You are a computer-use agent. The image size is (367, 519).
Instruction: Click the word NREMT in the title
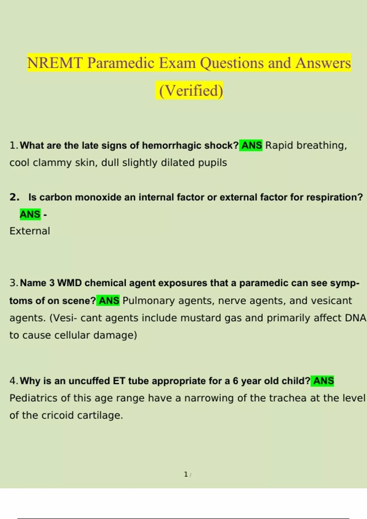tap(55, 63)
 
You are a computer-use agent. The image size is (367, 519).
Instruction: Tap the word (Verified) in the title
tap(191, 91)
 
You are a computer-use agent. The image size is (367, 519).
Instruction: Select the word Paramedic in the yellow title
tap(120, 63)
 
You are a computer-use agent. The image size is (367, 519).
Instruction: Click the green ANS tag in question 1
tap(252, 145)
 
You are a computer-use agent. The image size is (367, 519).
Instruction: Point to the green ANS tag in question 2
tap(30, 214)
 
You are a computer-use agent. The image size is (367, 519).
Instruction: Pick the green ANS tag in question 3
tap(109, 301)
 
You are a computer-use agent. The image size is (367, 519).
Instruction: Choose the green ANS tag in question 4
tap(323, 381)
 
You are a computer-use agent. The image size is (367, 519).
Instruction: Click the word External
tap(30, 231)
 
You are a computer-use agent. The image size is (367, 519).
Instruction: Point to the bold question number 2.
tap(14, 197)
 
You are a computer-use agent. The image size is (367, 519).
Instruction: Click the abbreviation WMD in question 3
tap(69, 283)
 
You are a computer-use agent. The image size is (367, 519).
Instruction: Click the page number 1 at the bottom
tap(186, 474)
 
